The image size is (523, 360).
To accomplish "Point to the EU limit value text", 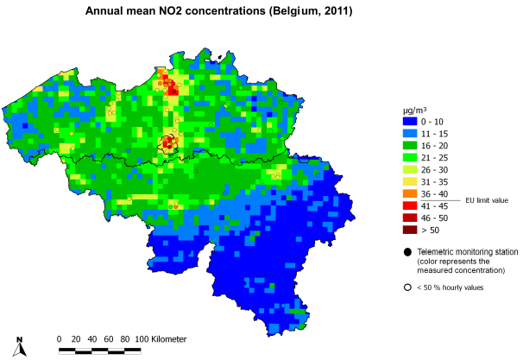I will click(487, 200).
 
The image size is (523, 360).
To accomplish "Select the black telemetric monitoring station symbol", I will click(406, 251).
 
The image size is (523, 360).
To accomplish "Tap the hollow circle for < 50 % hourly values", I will click(406, 287).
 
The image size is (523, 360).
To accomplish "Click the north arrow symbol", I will click(22, 347).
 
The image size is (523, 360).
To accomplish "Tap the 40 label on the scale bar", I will click(91, 338).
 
